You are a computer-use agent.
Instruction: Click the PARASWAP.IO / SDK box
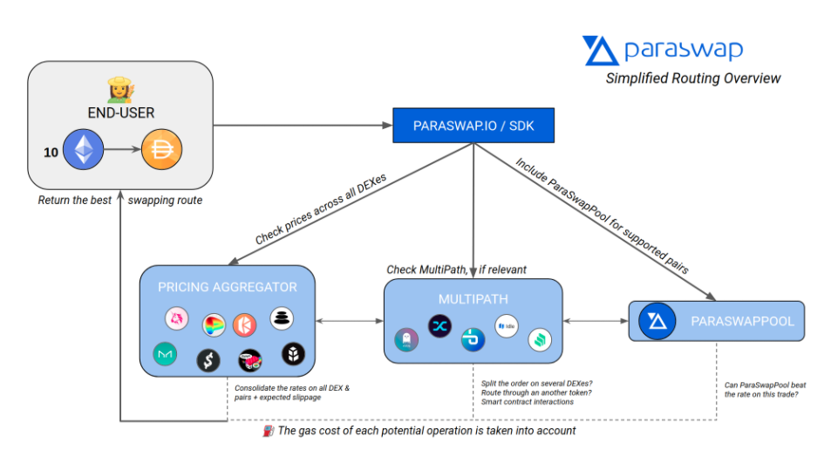tap(473, 126)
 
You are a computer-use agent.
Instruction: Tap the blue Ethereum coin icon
tap(83, 149)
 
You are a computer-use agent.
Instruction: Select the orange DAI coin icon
tap(161, 149)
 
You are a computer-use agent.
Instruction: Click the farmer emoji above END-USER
tap(121, 90)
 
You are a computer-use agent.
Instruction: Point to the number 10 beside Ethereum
tap(51, 153)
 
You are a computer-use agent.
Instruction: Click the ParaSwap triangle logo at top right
tap(600, 51)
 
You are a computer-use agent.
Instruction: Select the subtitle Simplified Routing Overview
tap(693, 78)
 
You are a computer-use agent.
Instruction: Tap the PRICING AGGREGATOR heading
tap(228, 287)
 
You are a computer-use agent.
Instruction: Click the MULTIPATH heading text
tap(473, 299)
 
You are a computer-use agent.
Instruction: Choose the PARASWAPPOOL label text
tap(743, 321)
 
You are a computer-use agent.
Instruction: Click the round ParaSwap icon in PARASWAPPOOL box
tap(657, 321)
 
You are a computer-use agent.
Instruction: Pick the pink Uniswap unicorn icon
tap(176, 318)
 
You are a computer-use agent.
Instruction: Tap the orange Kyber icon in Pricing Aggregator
tap(244, 325)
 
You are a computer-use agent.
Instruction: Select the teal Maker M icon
tap(165, 354)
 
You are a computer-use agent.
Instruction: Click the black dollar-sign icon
tap(208, 360)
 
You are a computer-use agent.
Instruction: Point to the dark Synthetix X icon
tap(439, 326)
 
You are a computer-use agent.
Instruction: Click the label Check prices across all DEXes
tap(321, 209)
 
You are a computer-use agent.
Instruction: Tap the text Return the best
tap(75, 201)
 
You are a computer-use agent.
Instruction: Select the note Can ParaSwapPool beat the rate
tap(765, 390)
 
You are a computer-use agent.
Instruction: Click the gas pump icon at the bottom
tap(269, 431)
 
